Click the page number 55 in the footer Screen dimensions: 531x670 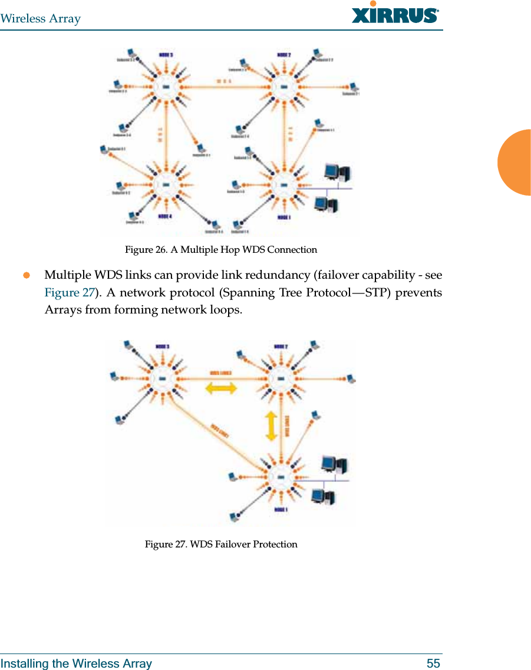pos(433,664)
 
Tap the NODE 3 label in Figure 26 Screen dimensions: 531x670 pos(166,55)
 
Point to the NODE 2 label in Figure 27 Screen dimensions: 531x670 pos(281,346)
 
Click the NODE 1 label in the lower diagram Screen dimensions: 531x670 pos(281,509)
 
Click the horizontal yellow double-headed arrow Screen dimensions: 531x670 pos(220,388)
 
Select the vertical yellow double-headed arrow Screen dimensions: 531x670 pos(271,426)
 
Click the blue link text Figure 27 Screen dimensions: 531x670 pos(70,293)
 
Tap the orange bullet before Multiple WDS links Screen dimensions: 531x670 pos(25,276)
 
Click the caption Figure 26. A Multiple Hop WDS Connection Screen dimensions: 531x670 pos(220,250)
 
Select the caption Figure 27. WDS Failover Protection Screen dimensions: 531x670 pos(221,544)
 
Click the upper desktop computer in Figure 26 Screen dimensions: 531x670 pos(337,172)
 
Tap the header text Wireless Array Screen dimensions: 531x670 pos(41,19)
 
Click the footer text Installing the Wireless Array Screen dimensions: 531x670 pos(76,664)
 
